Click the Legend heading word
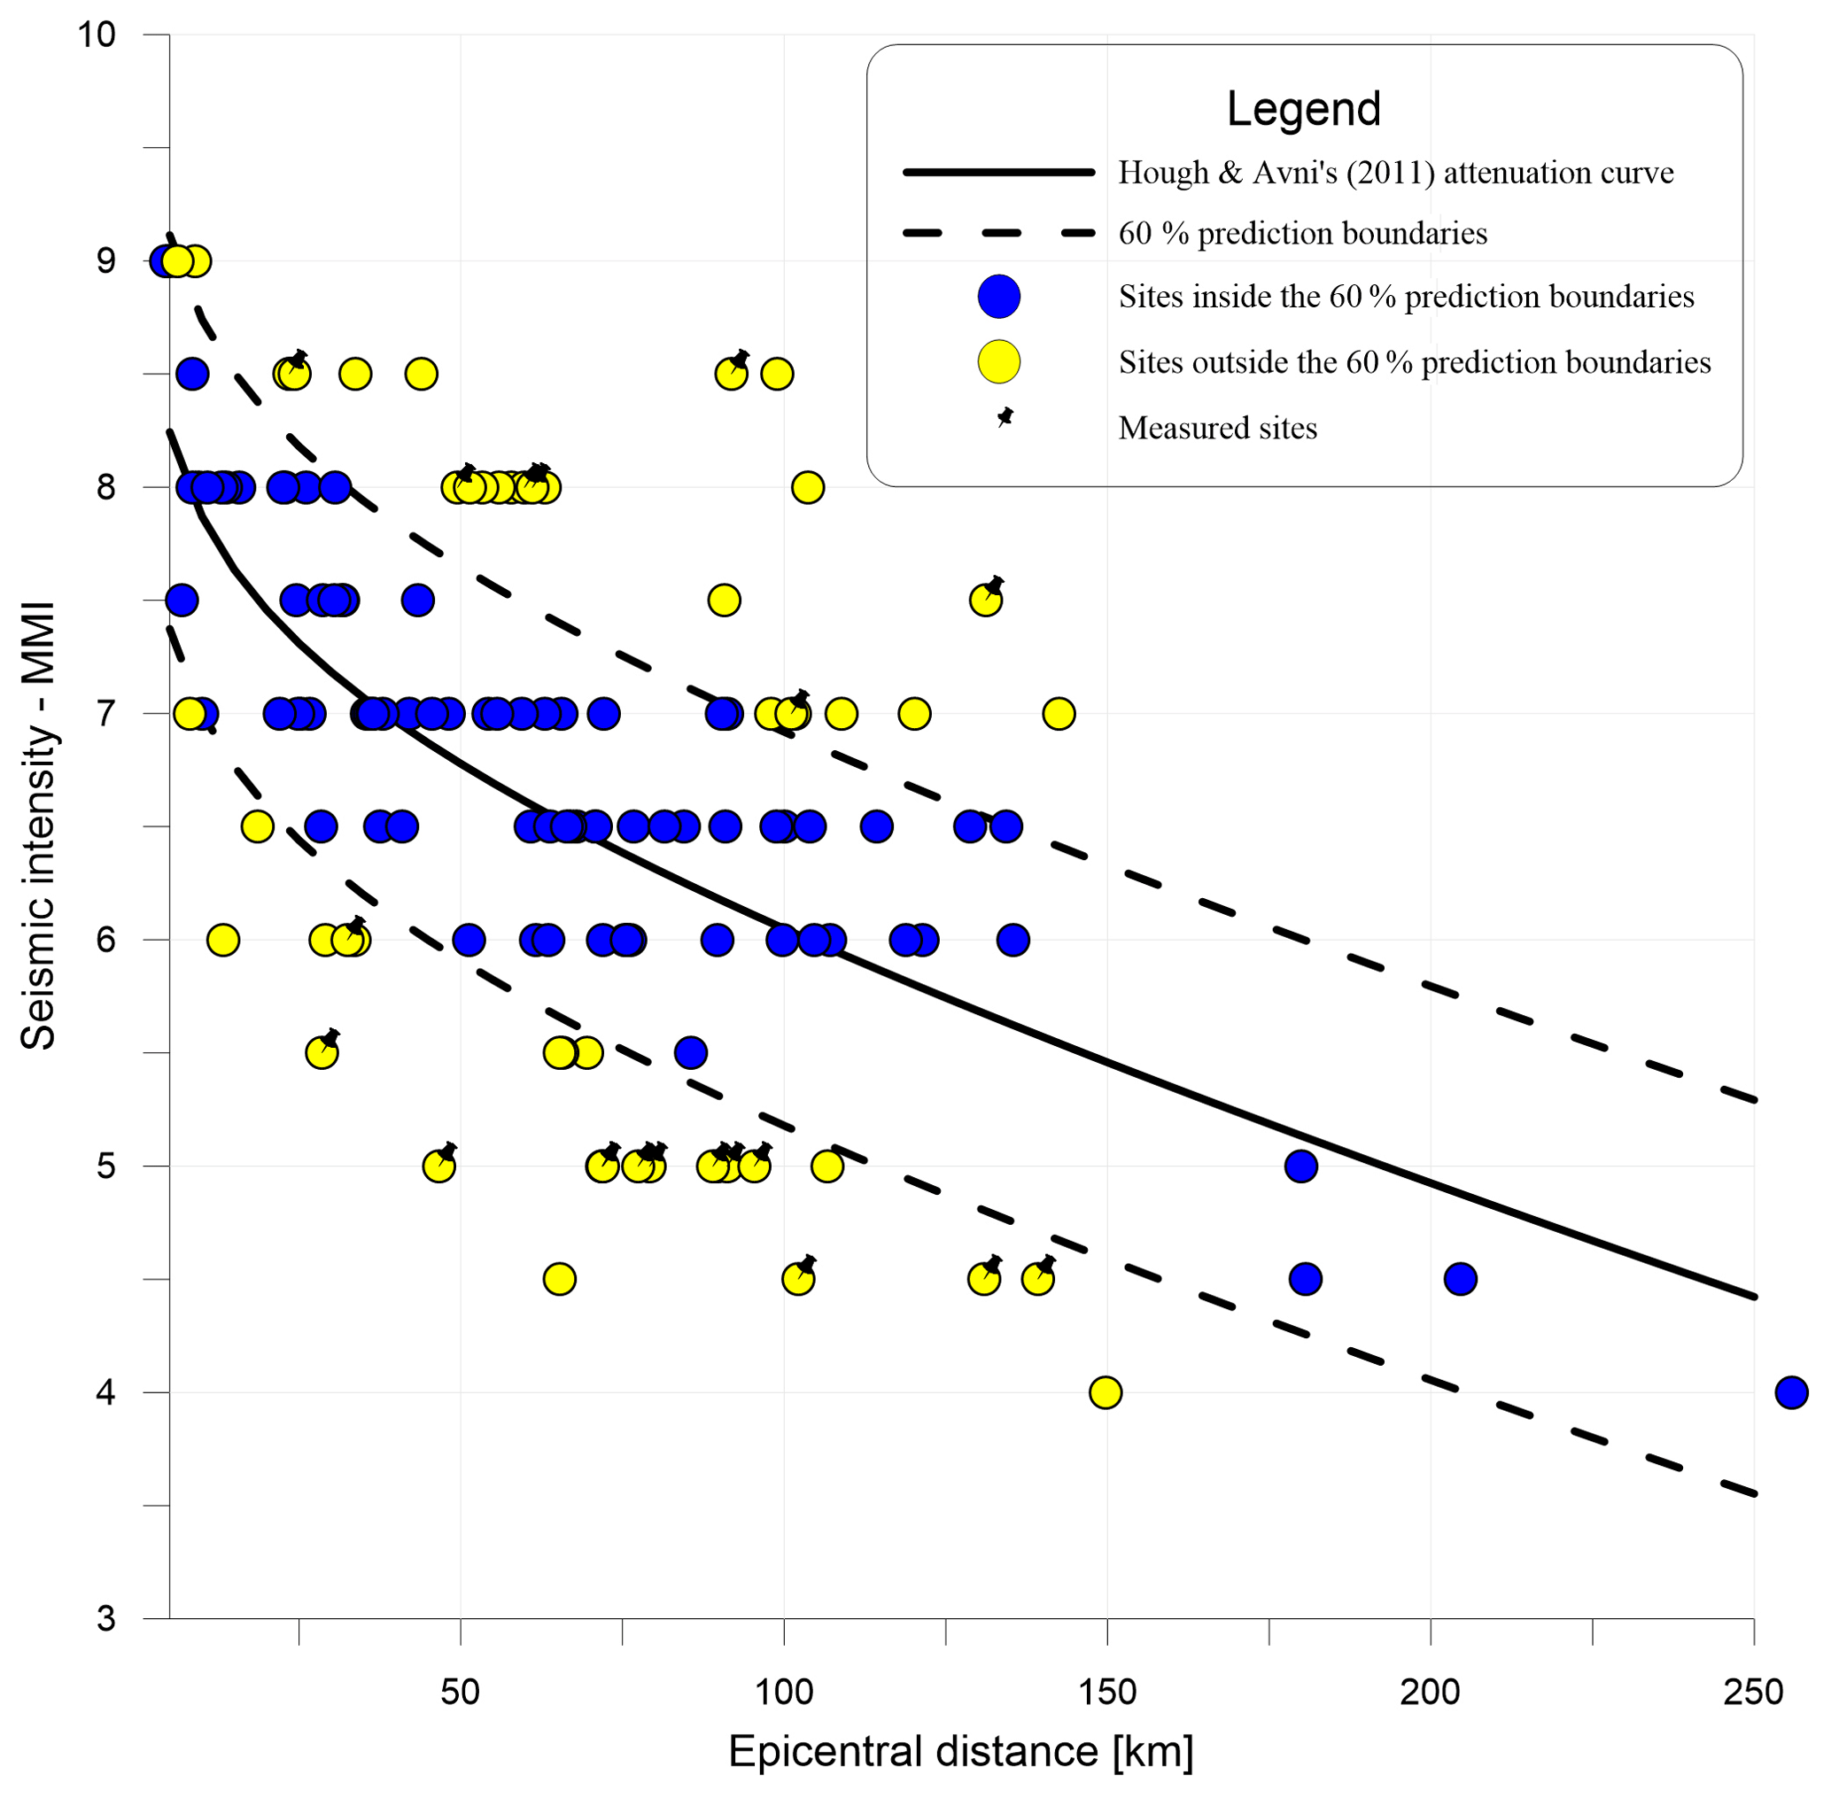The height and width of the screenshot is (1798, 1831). [1303, 109]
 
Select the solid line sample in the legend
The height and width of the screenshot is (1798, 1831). [998, 173]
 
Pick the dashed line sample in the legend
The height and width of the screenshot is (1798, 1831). [998, 233]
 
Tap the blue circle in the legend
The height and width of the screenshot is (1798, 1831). [998, 297]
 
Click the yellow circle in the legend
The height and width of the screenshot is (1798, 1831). [998, 361]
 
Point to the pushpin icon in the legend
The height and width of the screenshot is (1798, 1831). [1005, 416]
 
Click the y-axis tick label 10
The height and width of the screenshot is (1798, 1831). [96, 35]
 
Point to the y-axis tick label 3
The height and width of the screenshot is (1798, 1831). [105, 1618]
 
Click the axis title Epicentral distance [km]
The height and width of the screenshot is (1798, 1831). [960, 1753]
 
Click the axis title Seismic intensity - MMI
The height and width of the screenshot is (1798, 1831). [39, 826]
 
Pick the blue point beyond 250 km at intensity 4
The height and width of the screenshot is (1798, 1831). [1791, 1392]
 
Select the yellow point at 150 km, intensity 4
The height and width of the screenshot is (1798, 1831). [1105, 1392]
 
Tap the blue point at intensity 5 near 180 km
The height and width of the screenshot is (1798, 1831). [1300, 1166]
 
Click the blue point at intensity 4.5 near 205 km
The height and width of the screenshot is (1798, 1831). [1460, 1280]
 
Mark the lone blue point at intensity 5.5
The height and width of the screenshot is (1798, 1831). [690, 1053]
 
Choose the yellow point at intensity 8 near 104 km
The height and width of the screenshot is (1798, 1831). [807, 487]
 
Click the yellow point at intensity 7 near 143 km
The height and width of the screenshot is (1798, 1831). [1059, 714]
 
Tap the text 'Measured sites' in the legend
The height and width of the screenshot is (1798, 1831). [1217, 429]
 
